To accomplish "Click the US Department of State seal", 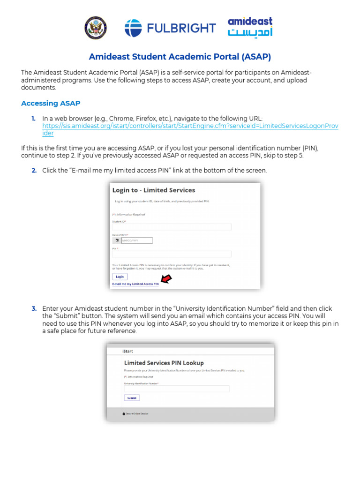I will pos(95,28).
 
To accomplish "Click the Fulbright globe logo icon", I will pos(133,28).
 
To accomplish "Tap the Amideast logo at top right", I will pos(250,27).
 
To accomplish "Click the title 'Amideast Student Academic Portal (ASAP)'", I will pos(180,57).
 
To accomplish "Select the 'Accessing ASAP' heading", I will pos(51,103).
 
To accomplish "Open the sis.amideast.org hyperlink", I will pos(190,127).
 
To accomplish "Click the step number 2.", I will pos(34,170).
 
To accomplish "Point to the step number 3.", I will pos(34,308).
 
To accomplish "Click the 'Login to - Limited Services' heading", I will pos(153,190).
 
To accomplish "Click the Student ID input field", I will pos(172,227).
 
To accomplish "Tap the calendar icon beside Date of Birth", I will pos(117,240).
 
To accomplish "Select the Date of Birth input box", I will pos(137,240).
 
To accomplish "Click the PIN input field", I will pos(172,254).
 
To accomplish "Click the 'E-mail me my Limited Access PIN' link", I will pos(135,284).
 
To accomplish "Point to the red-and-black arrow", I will pos(166,280).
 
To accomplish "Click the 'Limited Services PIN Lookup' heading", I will pos(164,363).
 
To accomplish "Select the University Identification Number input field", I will pos(177,389).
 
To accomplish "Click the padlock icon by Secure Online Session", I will pos(124,413).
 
